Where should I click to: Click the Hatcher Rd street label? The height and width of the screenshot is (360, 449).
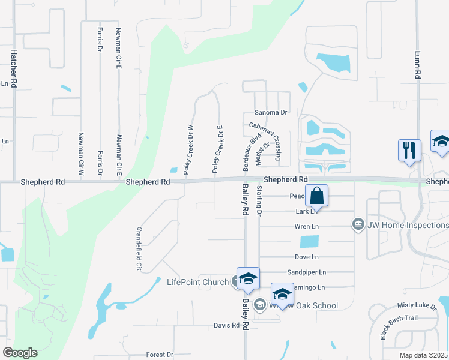(x=13, y=68)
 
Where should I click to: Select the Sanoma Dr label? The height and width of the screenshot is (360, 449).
(x=271, y=112)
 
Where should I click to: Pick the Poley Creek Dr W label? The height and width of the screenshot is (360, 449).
(x=189, y=149)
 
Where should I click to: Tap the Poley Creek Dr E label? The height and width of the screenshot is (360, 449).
(x=219, y=149)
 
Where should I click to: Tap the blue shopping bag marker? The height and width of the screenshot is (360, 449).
(x=316, y=196)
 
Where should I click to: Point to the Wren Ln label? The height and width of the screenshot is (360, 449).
(x=306, y=227)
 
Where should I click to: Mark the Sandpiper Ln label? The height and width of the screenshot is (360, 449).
(x=306, y=272)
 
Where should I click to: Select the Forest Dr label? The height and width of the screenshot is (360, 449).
(x=160, y=355)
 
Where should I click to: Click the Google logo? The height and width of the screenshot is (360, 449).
(x=20, y=352)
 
